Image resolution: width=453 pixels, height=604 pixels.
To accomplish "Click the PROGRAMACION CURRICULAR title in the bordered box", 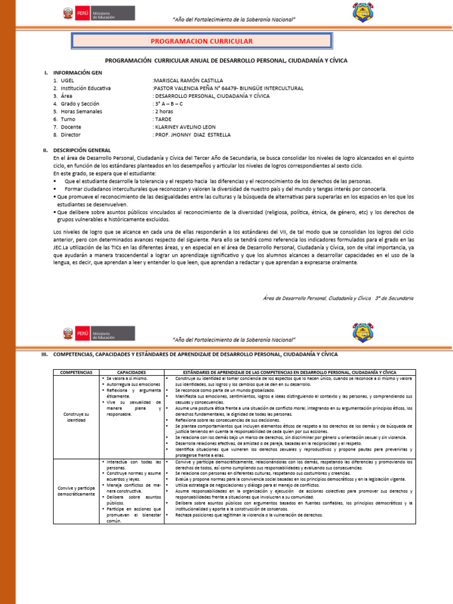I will pos(201,41).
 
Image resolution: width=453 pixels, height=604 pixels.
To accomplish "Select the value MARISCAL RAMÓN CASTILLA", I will pos(188,80).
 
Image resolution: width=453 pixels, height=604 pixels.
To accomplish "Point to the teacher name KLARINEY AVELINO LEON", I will pos(185,127).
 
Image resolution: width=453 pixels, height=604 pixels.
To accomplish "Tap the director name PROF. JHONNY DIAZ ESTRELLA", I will pos(192,134).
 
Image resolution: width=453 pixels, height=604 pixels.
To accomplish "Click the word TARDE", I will pos(163,119).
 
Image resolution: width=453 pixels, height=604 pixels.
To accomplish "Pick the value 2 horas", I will pos(164,111).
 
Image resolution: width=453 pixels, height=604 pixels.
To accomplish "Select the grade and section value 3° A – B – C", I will pos(169,104).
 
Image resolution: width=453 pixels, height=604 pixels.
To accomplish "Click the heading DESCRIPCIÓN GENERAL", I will pos(82,150).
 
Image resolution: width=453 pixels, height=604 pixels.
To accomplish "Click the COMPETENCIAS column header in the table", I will pos(77,373).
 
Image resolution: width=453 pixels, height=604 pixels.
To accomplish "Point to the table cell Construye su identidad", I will pos(77,418).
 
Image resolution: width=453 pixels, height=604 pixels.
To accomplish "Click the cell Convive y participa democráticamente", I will pos(77,490).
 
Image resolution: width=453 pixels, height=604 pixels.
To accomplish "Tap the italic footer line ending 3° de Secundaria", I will pos(338,298).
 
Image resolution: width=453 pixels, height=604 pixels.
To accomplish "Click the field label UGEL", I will pos(67,80).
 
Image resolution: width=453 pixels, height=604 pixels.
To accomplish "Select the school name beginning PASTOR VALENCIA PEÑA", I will pos(228,88).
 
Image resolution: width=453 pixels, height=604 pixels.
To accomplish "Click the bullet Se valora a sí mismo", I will pos(126,378).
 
